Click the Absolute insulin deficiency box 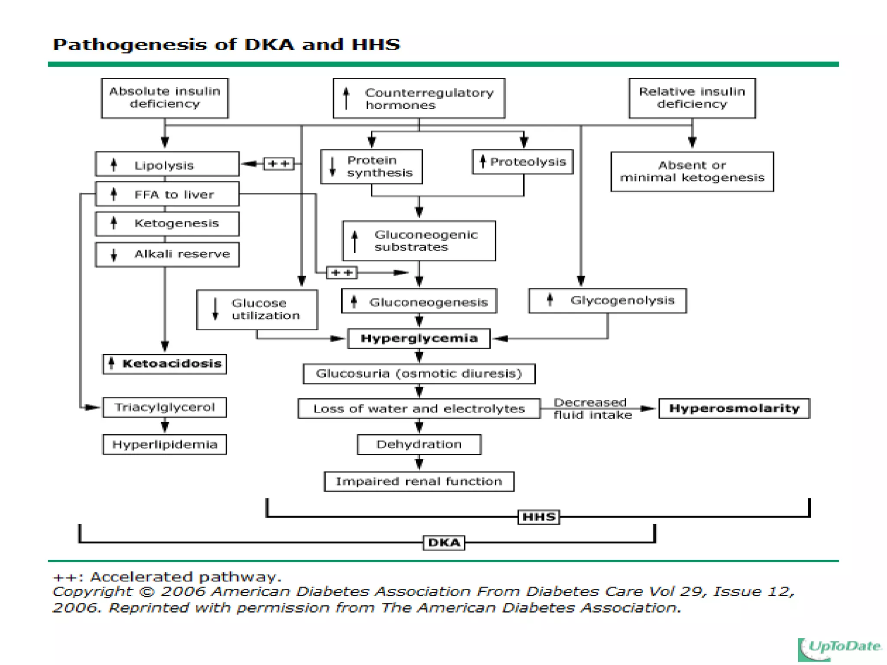coord(165,98)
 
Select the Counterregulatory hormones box coord(419,98)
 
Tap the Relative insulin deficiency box coord(692,98)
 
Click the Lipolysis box coord(167,164)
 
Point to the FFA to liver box coord(167,194)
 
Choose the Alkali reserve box coord(167,254)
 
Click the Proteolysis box coord(523,162)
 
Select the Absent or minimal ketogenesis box coord(692,171)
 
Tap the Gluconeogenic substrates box coord(419,241)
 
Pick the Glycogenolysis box coord(607,300)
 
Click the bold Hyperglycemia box coord(419,338)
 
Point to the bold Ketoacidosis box coord(165,364)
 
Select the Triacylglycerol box coord(165,407)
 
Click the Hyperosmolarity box coord(734,408)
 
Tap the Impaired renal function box coord(419,481)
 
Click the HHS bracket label coord(539,517)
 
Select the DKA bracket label coord(443,542)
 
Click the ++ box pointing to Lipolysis coord(278,164)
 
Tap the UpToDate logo coord(840,648)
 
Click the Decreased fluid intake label coord(592,409)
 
